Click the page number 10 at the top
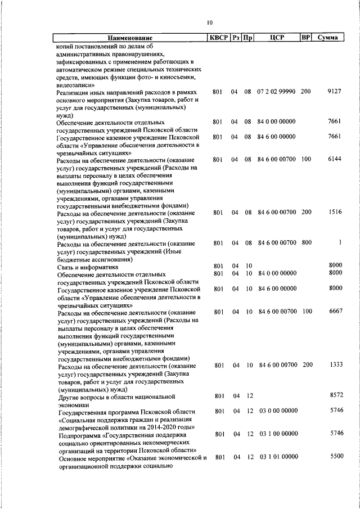pos(209,22)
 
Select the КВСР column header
pos(218,38)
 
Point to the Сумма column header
pos(327,38)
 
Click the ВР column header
pos(305,38)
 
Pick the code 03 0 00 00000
pos(279,412)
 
